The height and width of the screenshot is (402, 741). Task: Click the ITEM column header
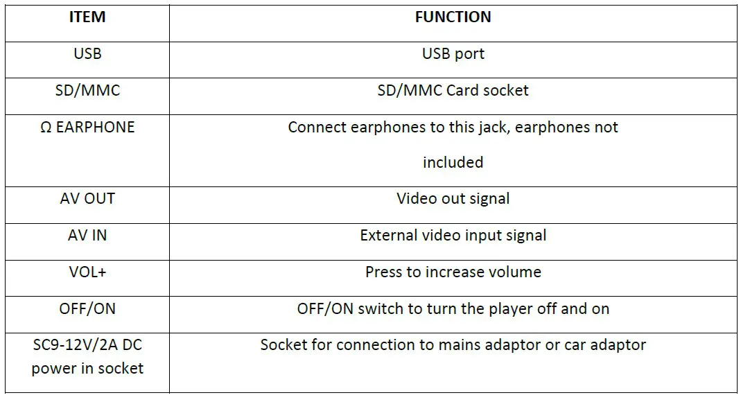[x=87, y=17]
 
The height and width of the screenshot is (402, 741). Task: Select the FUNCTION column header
[x=453, y=17]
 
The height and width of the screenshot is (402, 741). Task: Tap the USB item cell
[x=87, y=53]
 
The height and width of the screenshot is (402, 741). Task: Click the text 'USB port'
[x=453, y=53]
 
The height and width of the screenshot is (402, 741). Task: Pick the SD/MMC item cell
[x=87, y=90]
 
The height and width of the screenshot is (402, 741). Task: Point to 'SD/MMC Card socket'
[x=453, y=90]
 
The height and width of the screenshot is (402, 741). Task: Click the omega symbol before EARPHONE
[x=46, y=128]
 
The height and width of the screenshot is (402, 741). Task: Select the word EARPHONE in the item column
[x=96, y=128]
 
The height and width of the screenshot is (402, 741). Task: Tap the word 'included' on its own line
[x=453, y=163]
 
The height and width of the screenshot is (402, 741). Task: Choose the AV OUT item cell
[x=87, y=198]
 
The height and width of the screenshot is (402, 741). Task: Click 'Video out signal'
[x=453, y=198]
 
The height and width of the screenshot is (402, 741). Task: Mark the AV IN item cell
[x=87, y=235]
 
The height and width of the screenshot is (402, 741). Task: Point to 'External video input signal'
[x=453, y=235]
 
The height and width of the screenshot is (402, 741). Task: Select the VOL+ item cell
[x=87, y=272]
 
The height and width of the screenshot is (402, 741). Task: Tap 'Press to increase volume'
[x=453, y=272]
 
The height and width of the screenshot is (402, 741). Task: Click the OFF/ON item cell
[x=87, y=308]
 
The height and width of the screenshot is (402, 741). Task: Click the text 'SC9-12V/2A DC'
[x=87, y=344]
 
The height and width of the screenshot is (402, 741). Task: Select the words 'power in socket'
[x=87, y=368]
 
